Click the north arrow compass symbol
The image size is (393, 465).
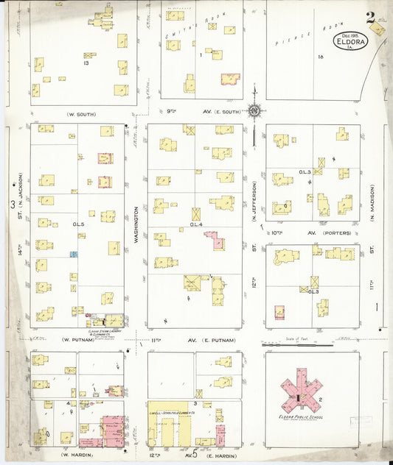click(x=254, y=111)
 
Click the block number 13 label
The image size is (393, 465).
click(x=86, y=64)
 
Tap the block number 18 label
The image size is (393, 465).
click(x=319, y=57)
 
